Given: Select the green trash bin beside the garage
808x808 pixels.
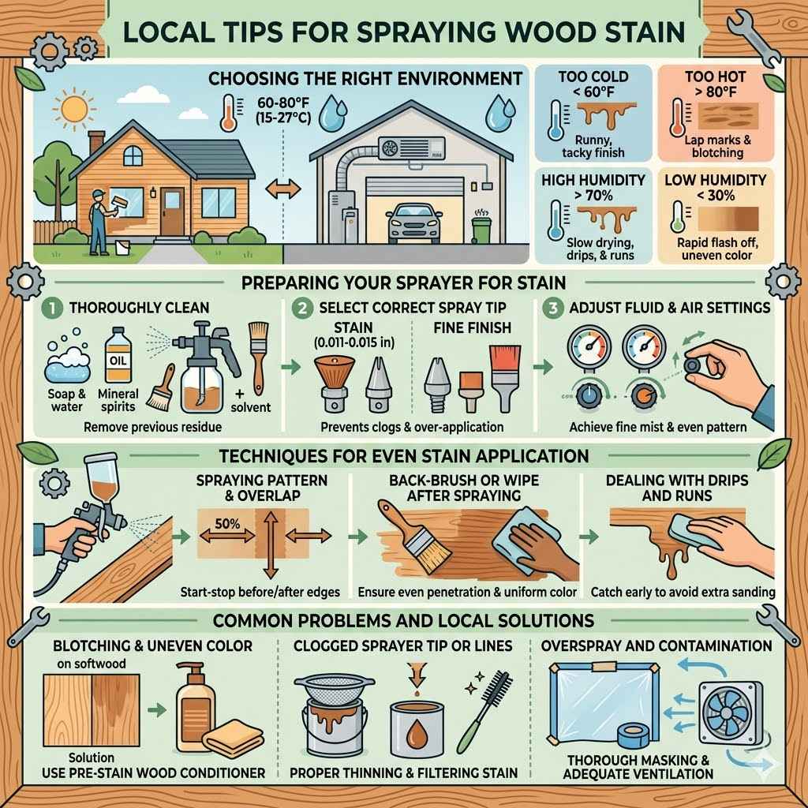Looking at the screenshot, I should [481, 229].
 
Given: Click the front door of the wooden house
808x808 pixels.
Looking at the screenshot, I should [172, 209].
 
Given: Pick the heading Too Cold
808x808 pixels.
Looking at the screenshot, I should [593, 77].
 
